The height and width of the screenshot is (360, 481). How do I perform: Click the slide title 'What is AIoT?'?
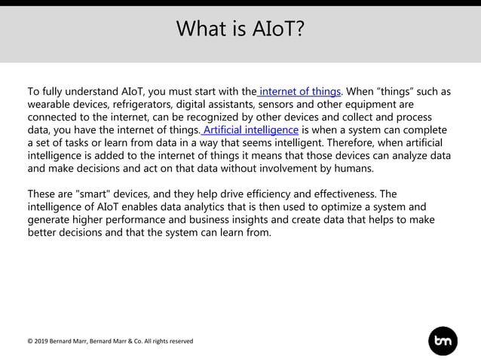click(240, 29)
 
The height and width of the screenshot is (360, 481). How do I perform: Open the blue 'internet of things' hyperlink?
click(300, 92)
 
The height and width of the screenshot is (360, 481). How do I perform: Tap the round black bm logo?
click(443, 341)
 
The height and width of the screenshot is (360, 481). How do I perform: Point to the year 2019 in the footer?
click(41, 341)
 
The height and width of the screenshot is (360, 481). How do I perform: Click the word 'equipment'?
click(377, 105)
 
